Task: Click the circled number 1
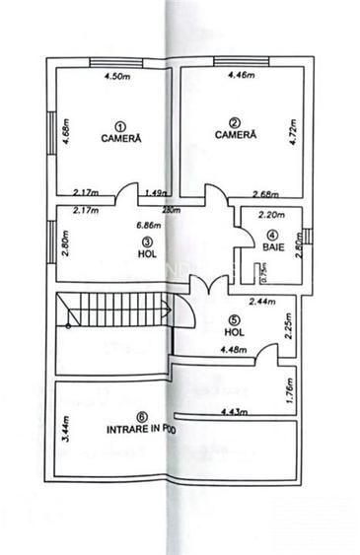coord(120,125)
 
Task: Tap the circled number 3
coord(146,240)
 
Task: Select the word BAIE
coord(273,247)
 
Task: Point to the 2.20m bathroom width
coord(270,215)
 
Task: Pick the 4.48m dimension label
coord(234,349)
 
